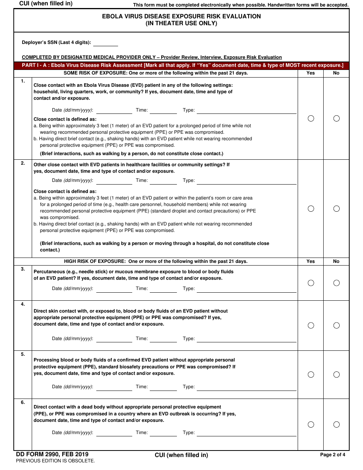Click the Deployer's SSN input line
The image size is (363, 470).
point(105,43)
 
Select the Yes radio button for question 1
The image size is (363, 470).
point(311,118)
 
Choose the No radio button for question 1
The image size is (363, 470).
point(336,118)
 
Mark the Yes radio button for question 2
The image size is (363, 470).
point(311,209)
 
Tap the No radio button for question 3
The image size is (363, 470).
point(336,283)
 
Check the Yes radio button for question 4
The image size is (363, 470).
point(311,326)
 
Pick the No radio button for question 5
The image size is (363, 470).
point(336,374)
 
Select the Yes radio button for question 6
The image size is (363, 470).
point(311,425)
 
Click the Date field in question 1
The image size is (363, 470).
point(114,110)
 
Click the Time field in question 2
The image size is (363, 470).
point(163,181)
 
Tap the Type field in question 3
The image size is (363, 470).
point(246,289)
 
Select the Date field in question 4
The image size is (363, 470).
point(114,339)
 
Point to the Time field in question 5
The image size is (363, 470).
point(163,387)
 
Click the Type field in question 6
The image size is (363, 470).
point(246,433)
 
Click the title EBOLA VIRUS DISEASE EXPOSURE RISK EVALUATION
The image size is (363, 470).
point(181,16)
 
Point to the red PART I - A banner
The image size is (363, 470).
point(181,65)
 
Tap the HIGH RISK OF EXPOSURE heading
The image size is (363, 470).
point(156,261)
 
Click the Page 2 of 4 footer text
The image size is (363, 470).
point(332,455)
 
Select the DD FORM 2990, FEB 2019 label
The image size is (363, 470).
point(52,454)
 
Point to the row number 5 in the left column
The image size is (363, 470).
point(23,354)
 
